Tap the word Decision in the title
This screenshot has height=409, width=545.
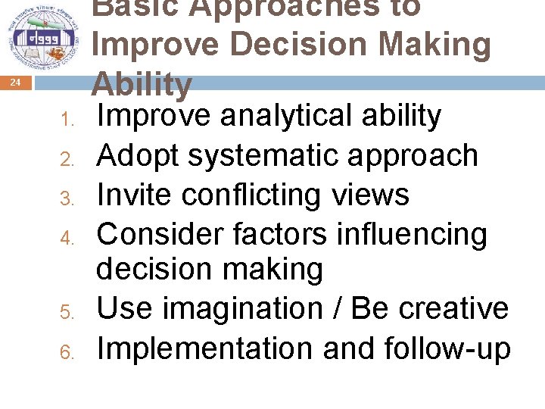(x=301, y=45)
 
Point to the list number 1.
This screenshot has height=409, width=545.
(x=67, y=120)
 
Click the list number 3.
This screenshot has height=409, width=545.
(x=67, y=198)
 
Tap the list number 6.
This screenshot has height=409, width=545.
(x=67, y=351)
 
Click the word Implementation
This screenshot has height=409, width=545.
(x=204, y=348)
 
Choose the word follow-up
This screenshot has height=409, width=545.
(x=447, y=348)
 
